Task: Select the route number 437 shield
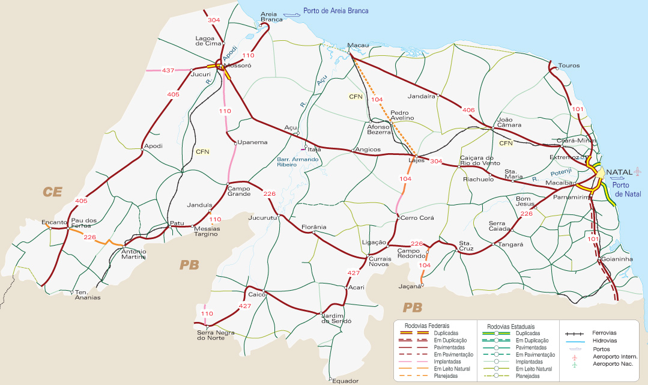(x=168, y=71)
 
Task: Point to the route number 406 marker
(x=469, y=110)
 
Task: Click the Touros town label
(x=569, y=65)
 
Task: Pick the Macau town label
(x=358, y=45)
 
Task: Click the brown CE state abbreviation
(x=52, y=192)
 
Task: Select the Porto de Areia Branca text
(x=336, y=11)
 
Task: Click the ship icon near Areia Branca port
(x=292, y=13)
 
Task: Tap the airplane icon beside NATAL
(x=637, y=173)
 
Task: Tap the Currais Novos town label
(x=380, y=262)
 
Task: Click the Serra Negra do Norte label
(x=211, y=335)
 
